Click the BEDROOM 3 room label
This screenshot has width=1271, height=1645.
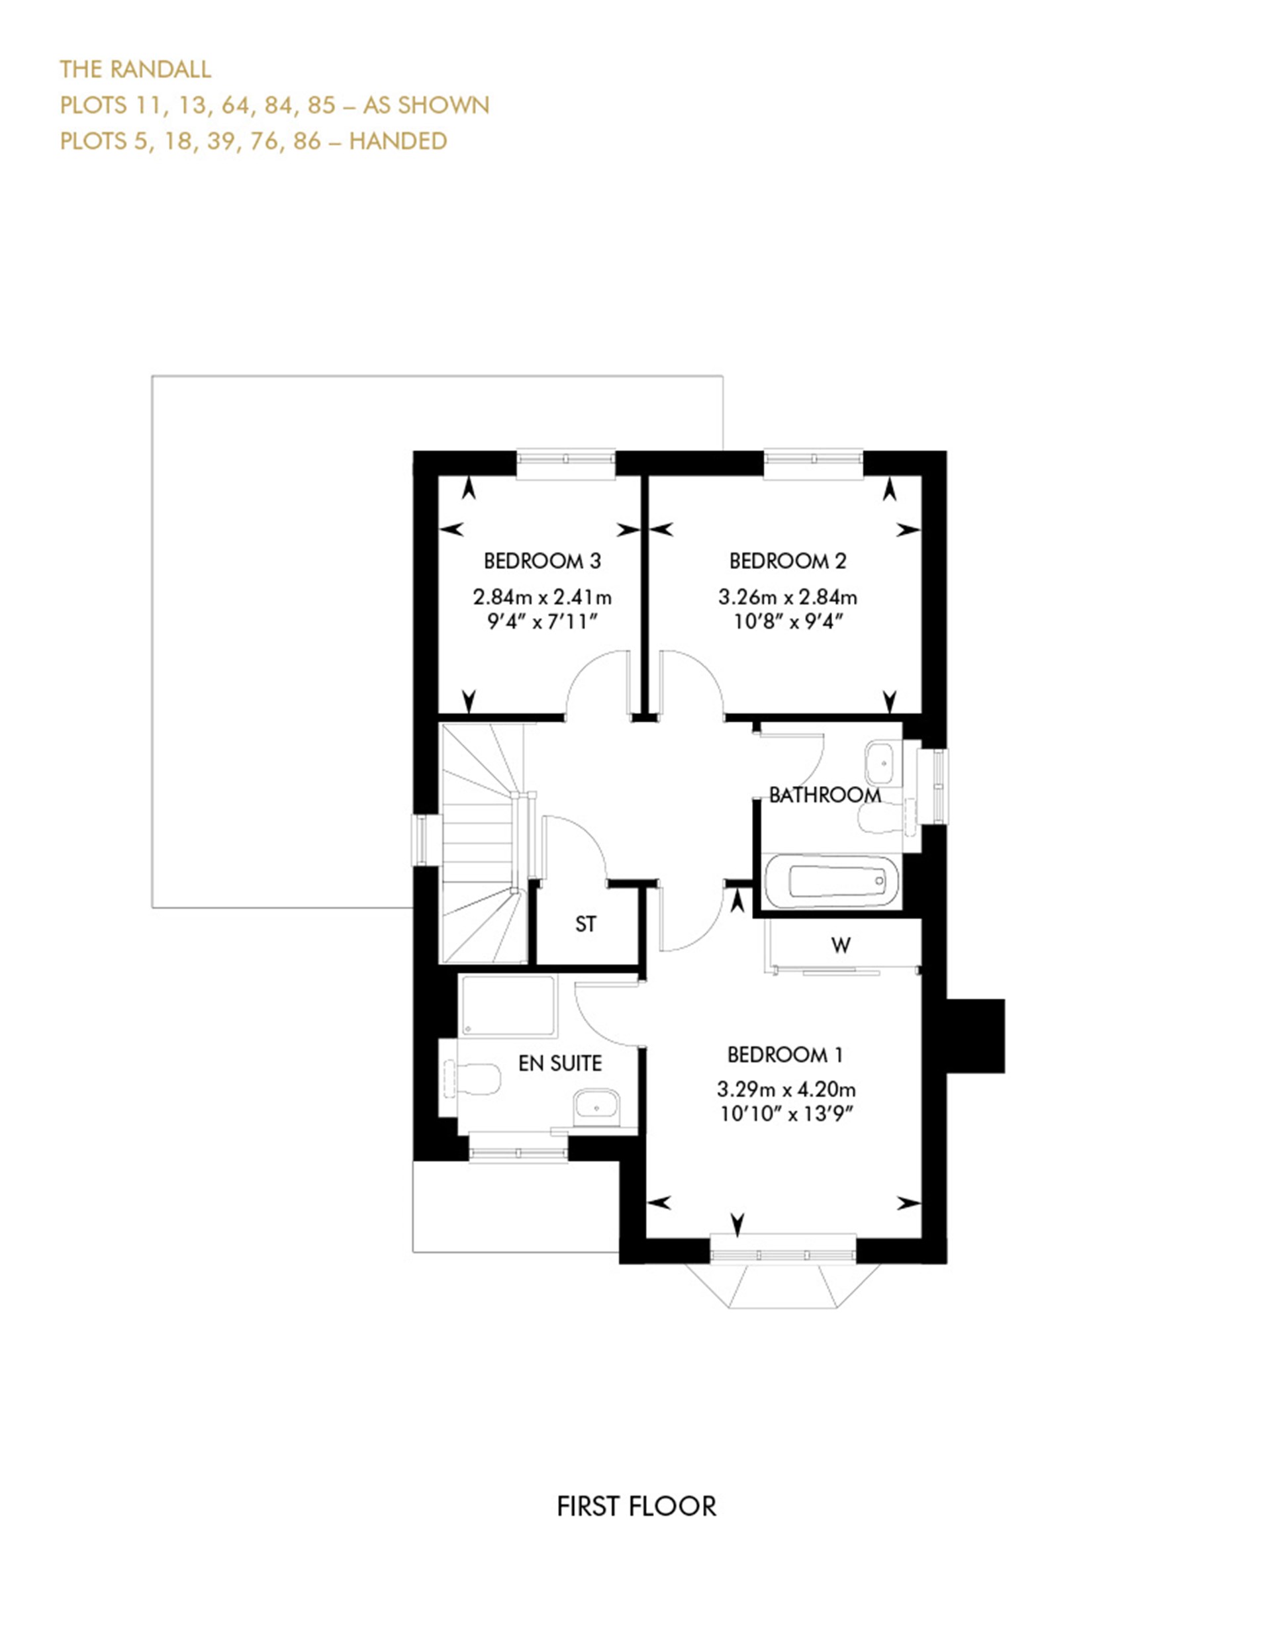[x=541, y=560]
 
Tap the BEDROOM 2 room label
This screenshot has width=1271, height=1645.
[x=787, y=560]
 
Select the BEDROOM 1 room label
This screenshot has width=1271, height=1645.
[x=784, y=1055]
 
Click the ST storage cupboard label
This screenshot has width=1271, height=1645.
[x=585, y=924]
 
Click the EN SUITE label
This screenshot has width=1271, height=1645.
[x=560, y=1063]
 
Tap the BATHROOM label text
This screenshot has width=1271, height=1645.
[x=824, y=795]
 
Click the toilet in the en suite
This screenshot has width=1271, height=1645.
[x=475, y=1079]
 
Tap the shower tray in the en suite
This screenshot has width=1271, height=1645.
[x=508, y=1006]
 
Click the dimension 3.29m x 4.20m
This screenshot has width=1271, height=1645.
[x=786, y=1089]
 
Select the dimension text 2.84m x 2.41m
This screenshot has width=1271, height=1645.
[x=541, y=598]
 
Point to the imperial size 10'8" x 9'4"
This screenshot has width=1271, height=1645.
[x=787, y=621]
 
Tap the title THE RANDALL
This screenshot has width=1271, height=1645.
[x=136, y=69]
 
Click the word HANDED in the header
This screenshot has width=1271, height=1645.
[x=398, y=141]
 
